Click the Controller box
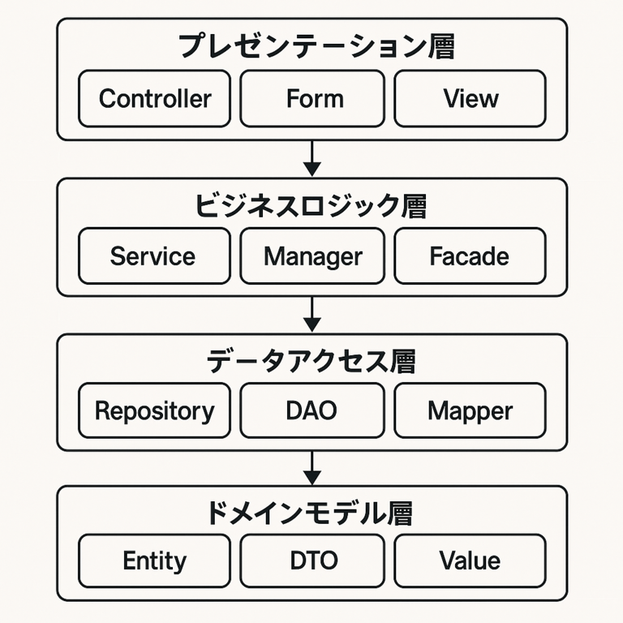point(155,98)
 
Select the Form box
point(312,98)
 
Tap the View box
point(470,98)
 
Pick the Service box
point(155,256)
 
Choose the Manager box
point(312,256)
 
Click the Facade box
point(470,256)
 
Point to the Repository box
point(155,410)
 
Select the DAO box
point(312,410)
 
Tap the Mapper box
point(470,410)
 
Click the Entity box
point(155,561)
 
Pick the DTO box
point(312,561)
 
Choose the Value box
point(470,561)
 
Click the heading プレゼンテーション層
point(316,46)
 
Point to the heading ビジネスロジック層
point(311,206)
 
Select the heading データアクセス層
point(311,361)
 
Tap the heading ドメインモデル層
point(310,513)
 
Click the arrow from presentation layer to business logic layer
point(312,158)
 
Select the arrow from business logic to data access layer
point(312,314)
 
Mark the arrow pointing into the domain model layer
point(312,468)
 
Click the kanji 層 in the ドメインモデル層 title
point(400,513)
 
